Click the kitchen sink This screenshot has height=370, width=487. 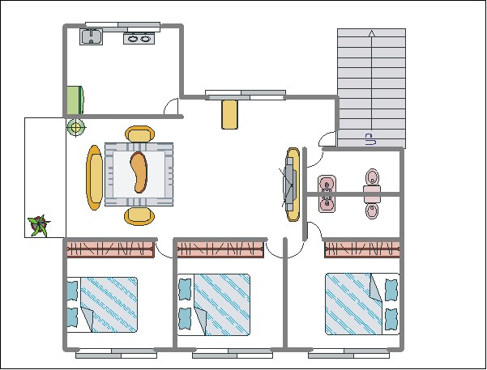click(x=90, y=36)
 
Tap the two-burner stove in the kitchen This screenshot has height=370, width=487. click(x=137, y=37)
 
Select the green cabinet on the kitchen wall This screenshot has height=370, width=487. click(x=75, y=99)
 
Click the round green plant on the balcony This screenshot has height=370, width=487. click(x=75, y=126)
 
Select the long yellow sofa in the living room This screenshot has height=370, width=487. click(x=95, y=177)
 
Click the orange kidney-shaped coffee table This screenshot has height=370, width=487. click(x=139, y=172)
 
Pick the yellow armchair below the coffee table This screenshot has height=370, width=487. click(x=139, y=215)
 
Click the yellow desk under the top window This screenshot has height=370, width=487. click(x=230, y=113)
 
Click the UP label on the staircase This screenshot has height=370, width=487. click(x=369, y=138)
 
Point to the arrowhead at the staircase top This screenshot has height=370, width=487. click(x=371, y=34)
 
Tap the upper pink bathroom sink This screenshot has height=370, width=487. click(x=327, y=184)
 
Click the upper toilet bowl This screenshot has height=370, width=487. click(x=372, y=178)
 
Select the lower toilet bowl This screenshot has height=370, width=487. click(x=372, y=211)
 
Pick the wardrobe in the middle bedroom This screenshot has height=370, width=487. click(x=221, y=249)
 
